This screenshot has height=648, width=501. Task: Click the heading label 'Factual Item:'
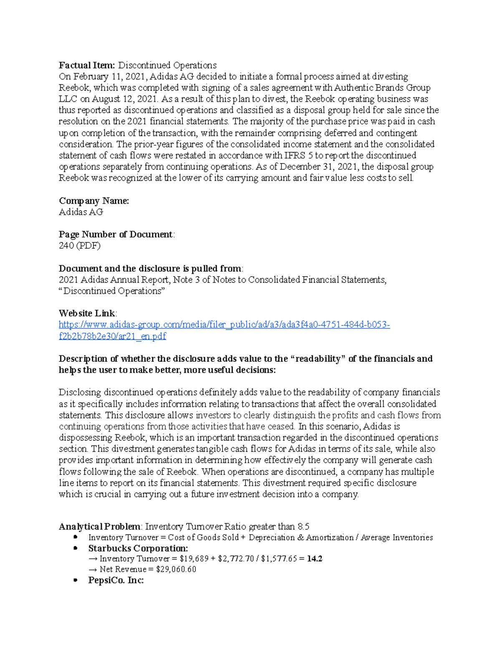pos(87,65)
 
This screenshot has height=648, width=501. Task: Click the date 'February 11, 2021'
pos(110,76)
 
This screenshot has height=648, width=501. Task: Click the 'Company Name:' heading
pos(94,201)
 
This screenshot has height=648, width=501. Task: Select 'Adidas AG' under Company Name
pos(81,212)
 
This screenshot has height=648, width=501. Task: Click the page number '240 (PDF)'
pos(80,246)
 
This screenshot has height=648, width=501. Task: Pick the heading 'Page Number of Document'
pos(116,234)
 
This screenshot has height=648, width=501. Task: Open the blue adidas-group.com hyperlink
pos(224,325)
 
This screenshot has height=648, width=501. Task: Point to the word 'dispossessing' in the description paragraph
pos(86,438)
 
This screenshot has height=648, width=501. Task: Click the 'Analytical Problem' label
pos(99,526)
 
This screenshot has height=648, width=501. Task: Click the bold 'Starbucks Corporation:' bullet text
pos(138,548)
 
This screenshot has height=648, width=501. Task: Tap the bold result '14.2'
pos(314,559)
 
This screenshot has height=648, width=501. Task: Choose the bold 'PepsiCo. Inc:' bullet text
pos(116,580)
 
